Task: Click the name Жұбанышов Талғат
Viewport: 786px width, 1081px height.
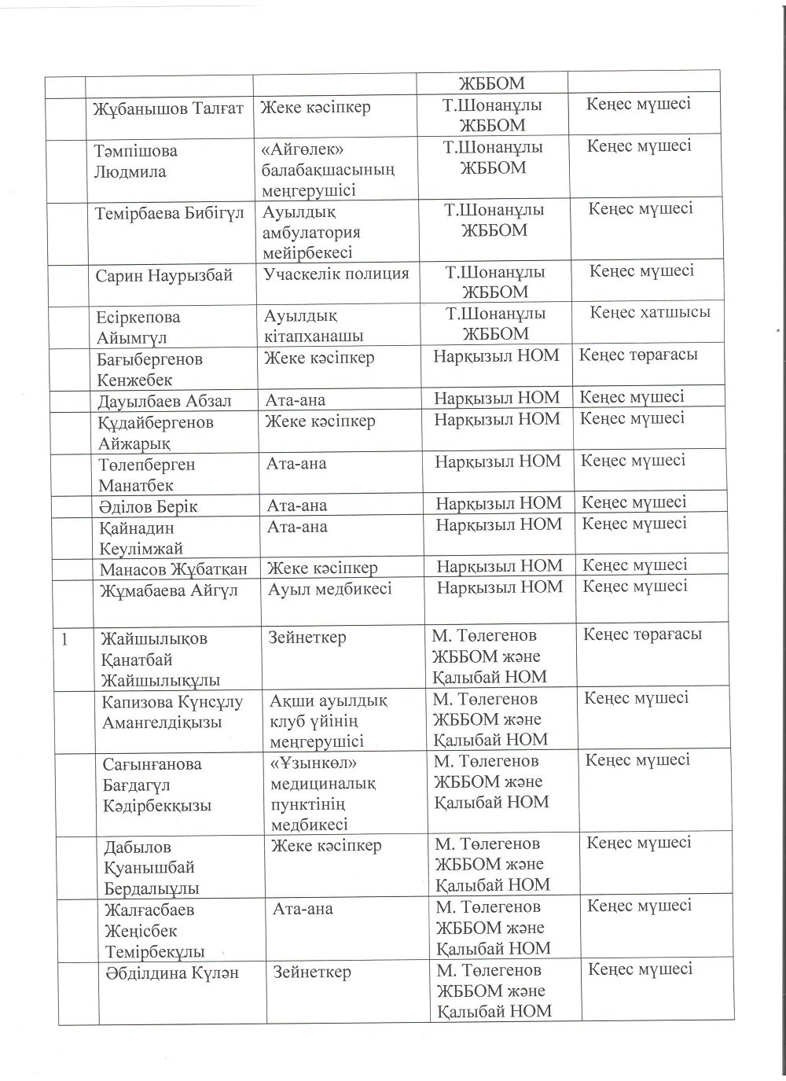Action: pos(169,108)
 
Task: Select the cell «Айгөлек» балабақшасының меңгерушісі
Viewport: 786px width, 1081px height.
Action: pos(327,170)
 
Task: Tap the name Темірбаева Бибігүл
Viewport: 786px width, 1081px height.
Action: pos(170,213)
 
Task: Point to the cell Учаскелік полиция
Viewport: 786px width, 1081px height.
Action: pos(336,274)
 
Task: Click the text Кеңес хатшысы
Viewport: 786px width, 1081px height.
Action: pos(650,312)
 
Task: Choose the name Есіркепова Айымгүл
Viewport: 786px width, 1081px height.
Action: pos(138,328)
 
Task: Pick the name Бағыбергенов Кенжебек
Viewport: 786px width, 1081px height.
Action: pos(149,370)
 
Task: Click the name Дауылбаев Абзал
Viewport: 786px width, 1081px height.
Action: pos(164,401)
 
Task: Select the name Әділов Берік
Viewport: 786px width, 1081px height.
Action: pos(149,506)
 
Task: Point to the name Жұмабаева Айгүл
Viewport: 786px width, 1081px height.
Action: pos(169,590)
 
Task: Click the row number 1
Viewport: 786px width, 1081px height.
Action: pos(68,639)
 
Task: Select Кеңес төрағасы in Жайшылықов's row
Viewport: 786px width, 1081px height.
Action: pos(642,634)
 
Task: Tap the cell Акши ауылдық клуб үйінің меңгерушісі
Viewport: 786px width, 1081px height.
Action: pos(329,720)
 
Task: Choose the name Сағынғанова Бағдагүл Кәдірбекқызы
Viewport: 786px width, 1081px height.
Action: pos(157,785)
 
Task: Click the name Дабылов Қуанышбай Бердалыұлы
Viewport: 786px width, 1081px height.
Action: pos(151,868)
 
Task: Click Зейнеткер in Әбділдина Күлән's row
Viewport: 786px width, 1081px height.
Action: pos(312,973)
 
